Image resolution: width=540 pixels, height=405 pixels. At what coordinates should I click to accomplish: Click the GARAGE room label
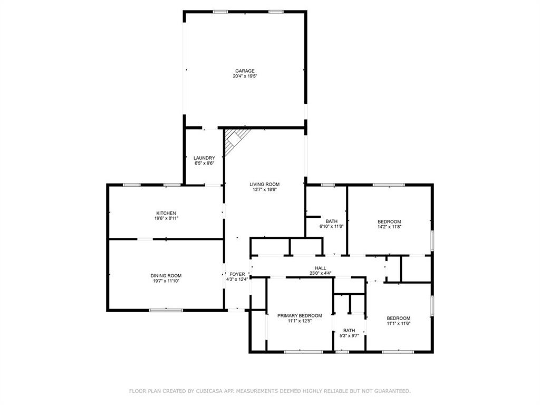pos(245,71)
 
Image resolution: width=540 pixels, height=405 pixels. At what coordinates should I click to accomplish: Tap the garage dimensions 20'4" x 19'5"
pos(245,76)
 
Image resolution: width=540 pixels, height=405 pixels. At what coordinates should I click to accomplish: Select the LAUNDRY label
pos(204,158)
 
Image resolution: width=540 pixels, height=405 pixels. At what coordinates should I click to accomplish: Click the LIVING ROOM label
pos(265,184)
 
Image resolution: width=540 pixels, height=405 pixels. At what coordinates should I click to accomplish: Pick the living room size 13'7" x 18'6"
pos(265,189)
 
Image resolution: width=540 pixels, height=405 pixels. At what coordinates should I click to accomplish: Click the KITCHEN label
pos(166,213)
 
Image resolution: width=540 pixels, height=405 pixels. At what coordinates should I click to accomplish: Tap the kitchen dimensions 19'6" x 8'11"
pos(166,218)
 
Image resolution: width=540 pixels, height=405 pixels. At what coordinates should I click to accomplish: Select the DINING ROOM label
pos(166,275)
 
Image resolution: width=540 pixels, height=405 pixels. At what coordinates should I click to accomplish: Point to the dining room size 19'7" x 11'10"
pos(166,281)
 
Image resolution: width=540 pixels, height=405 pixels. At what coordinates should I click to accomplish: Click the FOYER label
pos(237,274)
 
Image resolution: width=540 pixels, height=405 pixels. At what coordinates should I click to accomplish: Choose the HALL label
pos(320,268)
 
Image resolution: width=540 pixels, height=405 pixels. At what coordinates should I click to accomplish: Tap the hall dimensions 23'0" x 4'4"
pos(320,274)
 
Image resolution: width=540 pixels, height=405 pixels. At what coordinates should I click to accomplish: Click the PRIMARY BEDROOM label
pos(300,315)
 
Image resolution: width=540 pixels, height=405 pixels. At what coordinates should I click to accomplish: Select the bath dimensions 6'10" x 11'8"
pos(332,226)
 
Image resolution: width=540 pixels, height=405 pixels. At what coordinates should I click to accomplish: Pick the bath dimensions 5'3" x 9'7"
pos(349,335)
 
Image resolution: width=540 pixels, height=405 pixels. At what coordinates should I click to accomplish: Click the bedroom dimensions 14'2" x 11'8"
pos(389,227)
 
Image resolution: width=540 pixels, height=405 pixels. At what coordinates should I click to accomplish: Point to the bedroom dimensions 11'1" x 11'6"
pos(399,323)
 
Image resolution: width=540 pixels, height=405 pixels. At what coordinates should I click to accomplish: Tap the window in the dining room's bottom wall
pos(166,310)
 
